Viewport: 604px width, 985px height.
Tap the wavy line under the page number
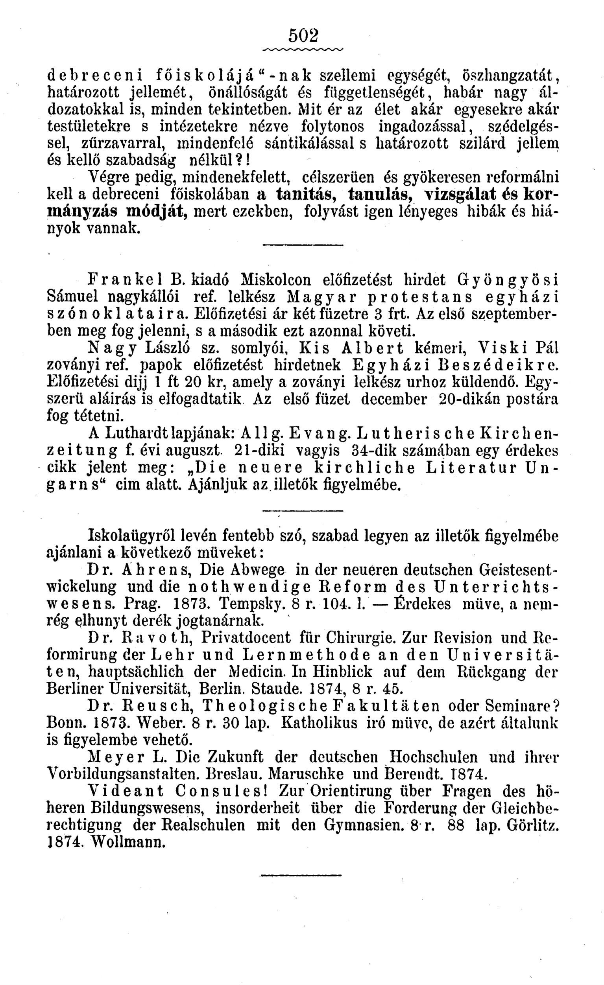[x=303, y=50]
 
